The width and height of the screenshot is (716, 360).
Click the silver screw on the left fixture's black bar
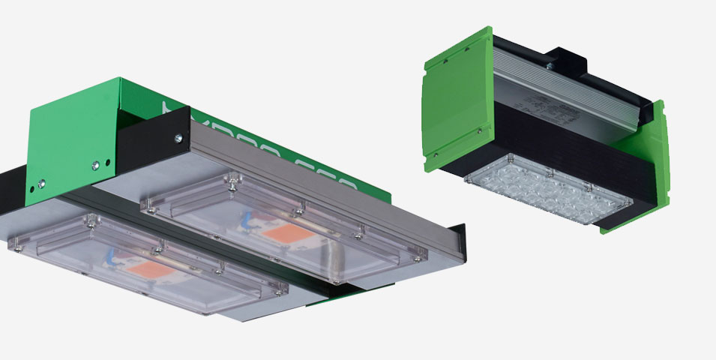tap(178, 138)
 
